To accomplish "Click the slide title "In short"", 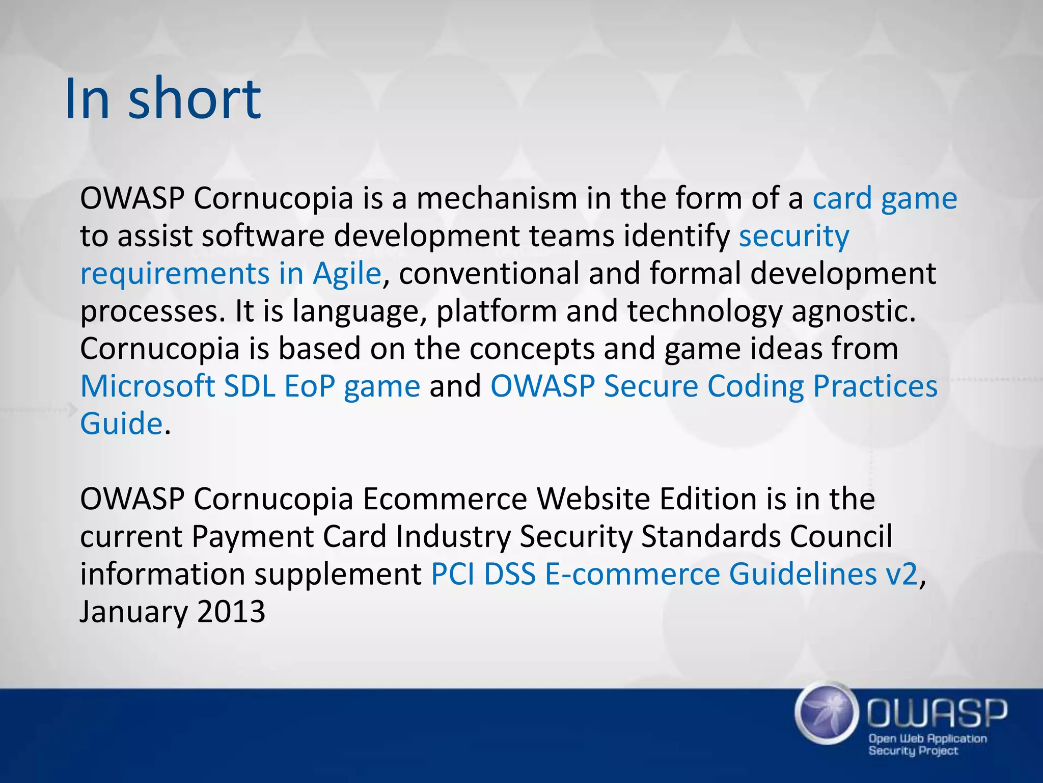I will (x=163, y=98).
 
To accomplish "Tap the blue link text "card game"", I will (x=885, y=198).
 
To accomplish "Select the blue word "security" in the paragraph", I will (x=794, y=236).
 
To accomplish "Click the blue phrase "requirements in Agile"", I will (x=231, y=274).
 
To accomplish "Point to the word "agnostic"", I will (x=853, y=311).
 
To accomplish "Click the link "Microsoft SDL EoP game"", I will (x=250, y=386).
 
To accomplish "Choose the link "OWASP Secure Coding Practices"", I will (x=713, y=386).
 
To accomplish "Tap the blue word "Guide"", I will (x=121, y=423).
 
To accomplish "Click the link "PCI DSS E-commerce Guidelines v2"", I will (x=674, y=574).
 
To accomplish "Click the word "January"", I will (x=133, y=611).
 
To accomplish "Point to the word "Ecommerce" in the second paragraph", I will (x=445, y=499).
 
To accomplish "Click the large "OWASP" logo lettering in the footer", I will (x=937, y=713).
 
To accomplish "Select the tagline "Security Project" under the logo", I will (x=913, y=750).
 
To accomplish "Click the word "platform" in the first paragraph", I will (x=497, y=311).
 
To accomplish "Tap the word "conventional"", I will (x=489, y=274).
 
